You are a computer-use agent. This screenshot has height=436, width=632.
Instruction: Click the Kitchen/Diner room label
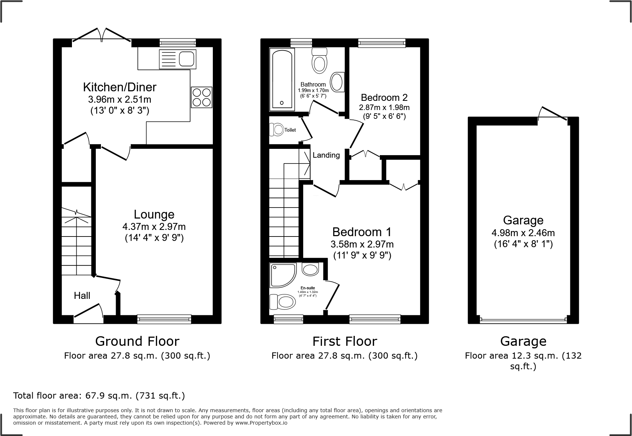[120, 87]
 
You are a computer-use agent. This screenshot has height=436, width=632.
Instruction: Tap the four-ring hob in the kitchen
[201, 97]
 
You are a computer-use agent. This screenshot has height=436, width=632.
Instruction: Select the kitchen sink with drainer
[178, 59]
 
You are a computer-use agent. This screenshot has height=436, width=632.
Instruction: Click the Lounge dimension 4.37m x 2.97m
[154, 227]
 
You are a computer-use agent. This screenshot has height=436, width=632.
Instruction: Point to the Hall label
[82, 296]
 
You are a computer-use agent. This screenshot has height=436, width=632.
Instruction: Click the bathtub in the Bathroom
[282, 80]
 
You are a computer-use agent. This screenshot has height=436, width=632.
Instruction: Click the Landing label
[326, 155]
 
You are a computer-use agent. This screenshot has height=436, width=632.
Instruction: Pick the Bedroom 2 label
[384, 98]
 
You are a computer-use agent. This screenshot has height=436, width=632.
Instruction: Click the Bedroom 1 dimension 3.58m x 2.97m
[362, 244]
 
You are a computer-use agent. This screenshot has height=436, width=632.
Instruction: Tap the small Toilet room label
[290, 130]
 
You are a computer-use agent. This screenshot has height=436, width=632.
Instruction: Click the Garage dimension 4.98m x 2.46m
[523, 232]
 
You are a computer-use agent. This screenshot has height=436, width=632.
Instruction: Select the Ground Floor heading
[137, 341]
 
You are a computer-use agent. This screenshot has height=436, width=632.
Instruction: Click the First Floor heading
[344, 341]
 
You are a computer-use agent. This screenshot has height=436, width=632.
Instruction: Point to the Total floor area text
[99, 396]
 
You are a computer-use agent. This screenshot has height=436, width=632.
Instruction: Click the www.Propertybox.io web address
[261, 423]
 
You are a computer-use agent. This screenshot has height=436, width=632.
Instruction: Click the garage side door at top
[553, 114]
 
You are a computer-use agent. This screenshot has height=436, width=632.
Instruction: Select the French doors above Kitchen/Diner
[102, 36]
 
